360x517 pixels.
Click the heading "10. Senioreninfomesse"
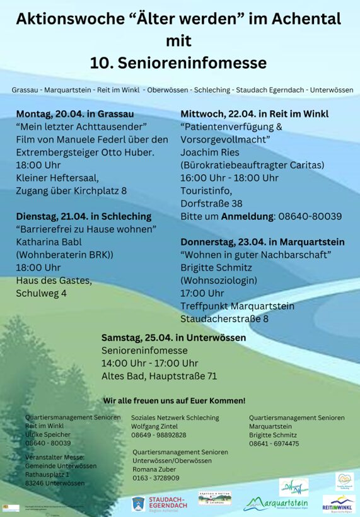pos(178,63)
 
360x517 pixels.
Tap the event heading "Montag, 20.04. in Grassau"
pos(75,114)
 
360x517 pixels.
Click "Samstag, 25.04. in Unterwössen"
pos(174,337)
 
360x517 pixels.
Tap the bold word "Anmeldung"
pos(247,216)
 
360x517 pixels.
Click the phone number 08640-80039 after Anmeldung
pos(309,216)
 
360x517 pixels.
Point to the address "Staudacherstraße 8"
pos(224,318)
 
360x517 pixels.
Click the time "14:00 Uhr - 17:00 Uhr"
pos(150,363)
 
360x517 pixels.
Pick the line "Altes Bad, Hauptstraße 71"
pos(159,376)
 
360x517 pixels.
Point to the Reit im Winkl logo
pos(339,504)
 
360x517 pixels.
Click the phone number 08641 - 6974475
pos(274,444)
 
